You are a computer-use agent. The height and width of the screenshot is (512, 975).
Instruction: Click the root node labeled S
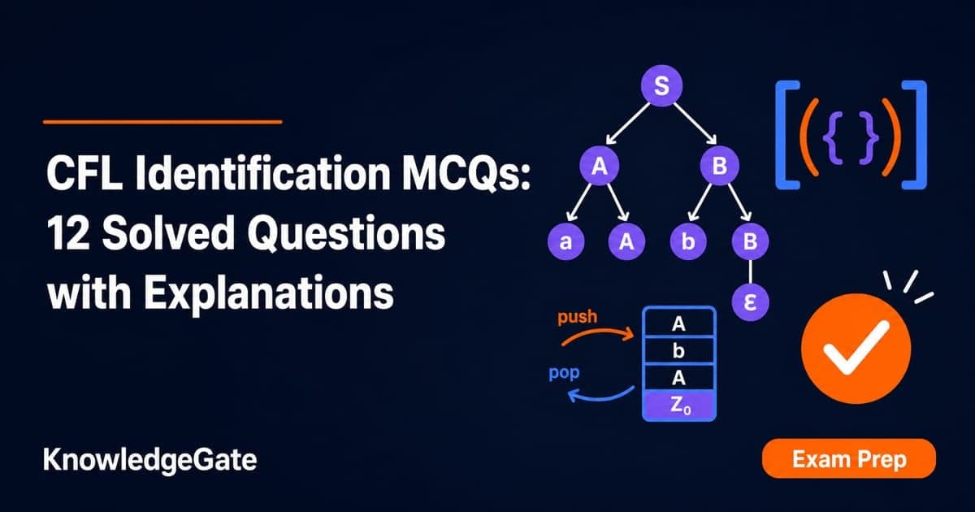[661, 85]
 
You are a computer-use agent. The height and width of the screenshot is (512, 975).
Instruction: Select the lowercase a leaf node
[565, 241]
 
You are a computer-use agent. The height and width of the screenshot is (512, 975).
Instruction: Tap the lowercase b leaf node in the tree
[688, 241]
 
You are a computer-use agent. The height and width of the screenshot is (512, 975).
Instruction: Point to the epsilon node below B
[751, 302]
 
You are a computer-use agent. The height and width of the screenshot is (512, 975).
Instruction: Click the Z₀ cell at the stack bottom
[679, 405]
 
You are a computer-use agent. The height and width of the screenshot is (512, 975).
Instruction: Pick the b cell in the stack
[679, 350]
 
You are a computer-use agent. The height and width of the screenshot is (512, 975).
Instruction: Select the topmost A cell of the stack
[679, 323]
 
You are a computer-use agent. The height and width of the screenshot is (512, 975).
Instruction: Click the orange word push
[577, 317]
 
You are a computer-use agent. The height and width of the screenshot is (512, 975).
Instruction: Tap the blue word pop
[564, 373]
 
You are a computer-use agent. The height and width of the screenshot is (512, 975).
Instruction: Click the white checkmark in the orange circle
[856, 348]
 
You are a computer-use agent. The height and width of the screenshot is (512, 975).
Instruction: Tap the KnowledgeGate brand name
[149, 461]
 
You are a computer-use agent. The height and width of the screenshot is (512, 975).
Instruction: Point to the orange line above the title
[162, 122]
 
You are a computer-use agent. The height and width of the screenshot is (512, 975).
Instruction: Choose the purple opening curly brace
[832, 135]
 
